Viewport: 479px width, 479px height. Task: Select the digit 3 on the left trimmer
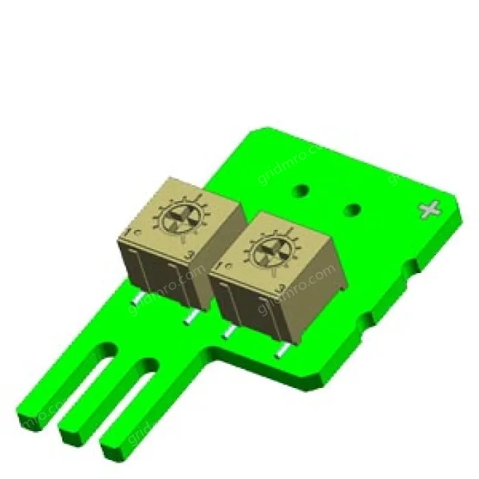190,255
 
